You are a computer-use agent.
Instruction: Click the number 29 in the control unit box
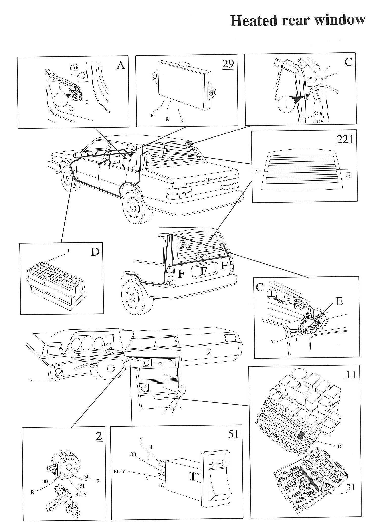(x=228, y=64)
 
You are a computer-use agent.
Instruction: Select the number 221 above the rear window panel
(x=345, y=139)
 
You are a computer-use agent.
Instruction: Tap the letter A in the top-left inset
(x=121, y=66)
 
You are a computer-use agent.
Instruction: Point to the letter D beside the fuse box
(x=95, y=252)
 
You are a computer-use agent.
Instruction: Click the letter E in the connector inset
(x=339, y=301)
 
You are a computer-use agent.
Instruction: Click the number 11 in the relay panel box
(x=351, y=375)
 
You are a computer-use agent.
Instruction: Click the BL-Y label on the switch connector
(x=119, y=471)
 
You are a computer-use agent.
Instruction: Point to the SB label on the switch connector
(x=133, y=455)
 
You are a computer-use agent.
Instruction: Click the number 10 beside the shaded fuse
(x=340, y=446)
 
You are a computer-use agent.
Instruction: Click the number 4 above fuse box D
(x=68, y=251)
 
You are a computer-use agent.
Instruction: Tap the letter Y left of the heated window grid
(x=257, y=171)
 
